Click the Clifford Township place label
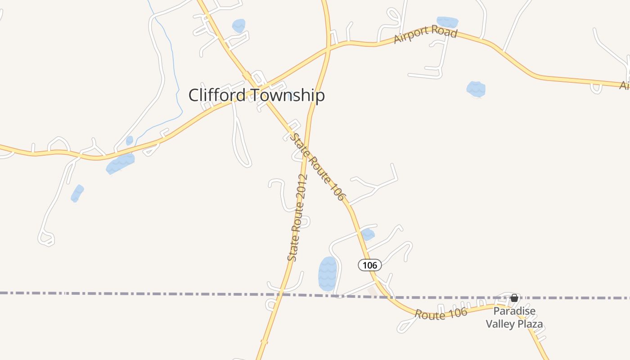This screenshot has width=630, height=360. click(x=256, y=95)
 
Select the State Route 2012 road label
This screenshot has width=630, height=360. click(x=297, y=218)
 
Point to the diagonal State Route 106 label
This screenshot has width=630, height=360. click(x=318, y=166)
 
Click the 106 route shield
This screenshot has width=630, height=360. click(x=370, y=265)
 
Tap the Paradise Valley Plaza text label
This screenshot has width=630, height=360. click(x=514, y=318)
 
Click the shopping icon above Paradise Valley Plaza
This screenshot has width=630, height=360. click(x=514, y=298)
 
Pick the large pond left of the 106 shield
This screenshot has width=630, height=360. click(x=328, y=274)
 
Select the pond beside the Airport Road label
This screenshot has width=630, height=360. click(x=447, y=22)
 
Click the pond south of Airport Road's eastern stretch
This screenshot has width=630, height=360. click(x=476, y=89)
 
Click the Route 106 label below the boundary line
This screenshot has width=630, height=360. click(x=441, y=314)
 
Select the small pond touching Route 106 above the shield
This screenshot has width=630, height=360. click(x=368, y=234)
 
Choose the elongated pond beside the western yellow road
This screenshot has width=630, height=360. click(x=120, y=164)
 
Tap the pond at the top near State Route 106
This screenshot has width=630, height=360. click(x=238, y=26)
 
